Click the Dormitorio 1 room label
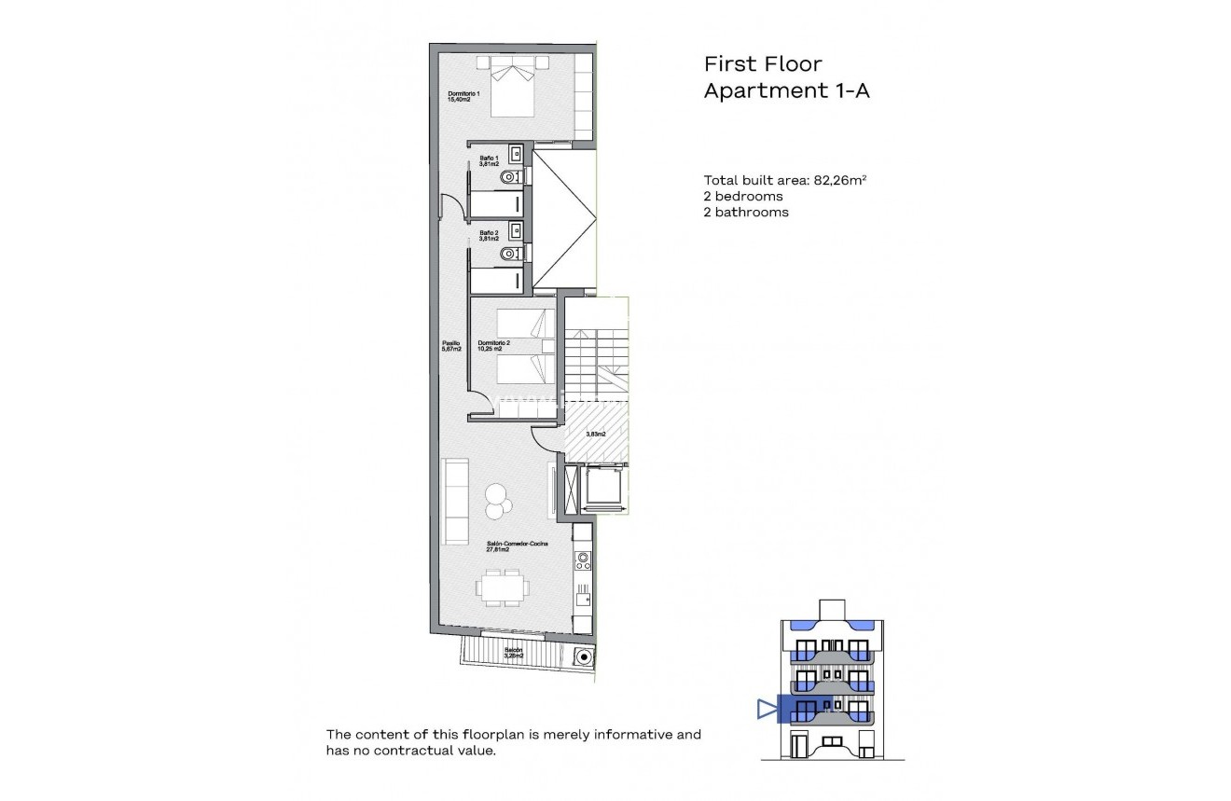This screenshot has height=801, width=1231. coord(463,96)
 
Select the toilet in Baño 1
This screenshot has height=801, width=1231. coord(509,176)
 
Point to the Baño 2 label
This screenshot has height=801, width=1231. coord(489,236)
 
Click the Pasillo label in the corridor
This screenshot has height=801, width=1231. coord(451,346)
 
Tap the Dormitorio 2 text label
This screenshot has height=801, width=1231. coord(493,346)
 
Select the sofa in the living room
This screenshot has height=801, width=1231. coord(455,501)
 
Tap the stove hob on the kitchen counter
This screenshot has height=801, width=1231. coord(583,560)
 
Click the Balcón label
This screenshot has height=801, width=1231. coord(514,653)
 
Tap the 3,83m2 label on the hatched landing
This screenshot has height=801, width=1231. coord(595,434)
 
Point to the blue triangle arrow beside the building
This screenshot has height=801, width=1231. coord(768,711)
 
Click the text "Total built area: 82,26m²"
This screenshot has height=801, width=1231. coord(787,181)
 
